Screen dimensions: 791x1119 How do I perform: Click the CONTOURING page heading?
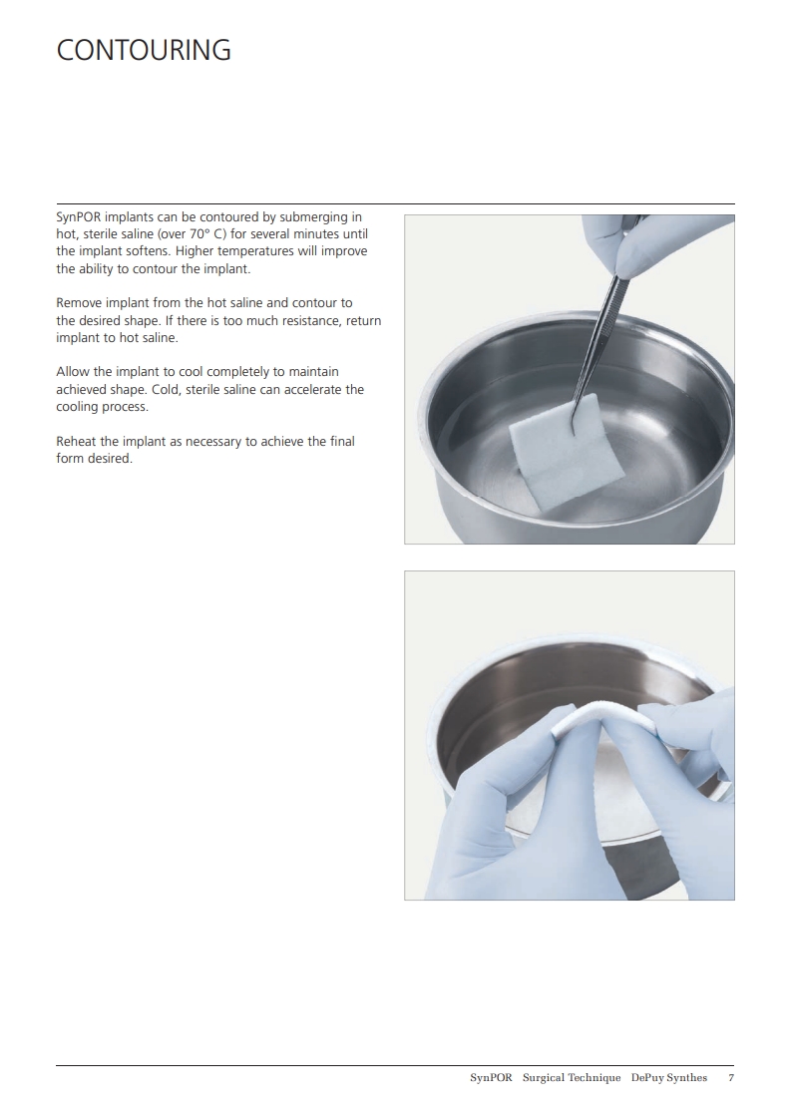point(144,50)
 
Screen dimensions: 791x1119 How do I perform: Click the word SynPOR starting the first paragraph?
point(79,217)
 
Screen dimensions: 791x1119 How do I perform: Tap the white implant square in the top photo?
point(547,451)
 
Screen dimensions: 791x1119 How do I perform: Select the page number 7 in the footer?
point(731,1077)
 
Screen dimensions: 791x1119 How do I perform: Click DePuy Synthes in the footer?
point(669,1077)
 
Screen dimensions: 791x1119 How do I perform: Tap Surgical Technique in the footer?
point(572,1077)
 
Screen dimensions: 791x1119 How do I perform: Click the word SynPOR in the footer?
point(491,1077)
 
